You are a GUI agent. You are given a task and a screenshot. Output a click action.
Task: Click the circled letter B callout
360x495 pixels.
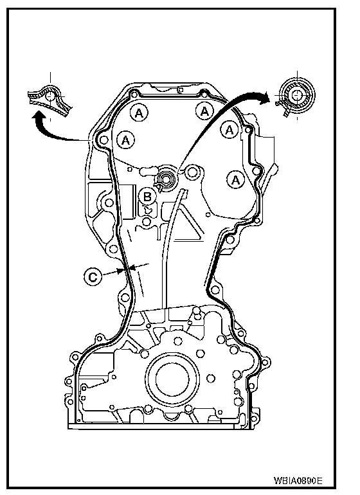point(147,197)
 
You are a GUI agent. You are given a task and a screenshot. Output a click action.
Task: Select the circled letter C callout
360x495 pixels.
point(93,277)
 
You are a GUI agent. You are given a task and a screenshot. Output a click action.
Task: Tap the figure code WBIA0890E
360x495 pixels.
point(298,480)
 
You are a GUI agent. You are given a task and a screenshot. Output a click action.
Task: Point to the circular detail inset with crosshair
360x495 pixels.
point(296,94)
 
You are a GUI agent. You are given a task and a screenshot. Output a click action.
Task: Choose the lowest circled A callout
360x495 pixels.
point(235,180)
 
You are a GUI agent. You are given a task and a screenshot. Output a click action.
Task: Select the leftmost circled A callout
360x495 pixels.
point(126,140)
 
